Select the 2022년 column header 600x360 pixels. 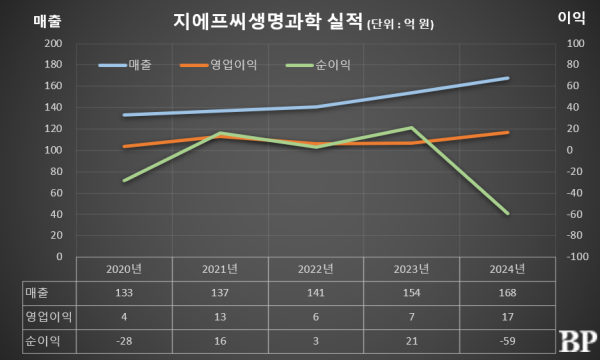pos(315,269)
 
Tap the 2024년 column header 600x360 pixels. pos(507,269)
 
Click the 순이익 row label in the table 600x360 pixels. pos(42,339)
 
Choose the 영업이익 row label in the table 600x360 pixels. pos(42,315)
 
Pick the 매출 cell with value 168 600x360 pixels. pos(507,292)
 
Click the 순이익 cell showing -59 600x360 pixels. pos(507,339)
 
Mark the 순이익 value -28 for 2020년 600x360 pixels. pos(124,339)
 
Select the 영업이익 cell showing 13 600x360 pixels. pos(219,315)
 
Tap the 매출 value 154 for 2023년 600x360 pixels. pos(411,292)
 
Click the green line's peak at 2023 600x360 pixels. pos(412,128)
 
